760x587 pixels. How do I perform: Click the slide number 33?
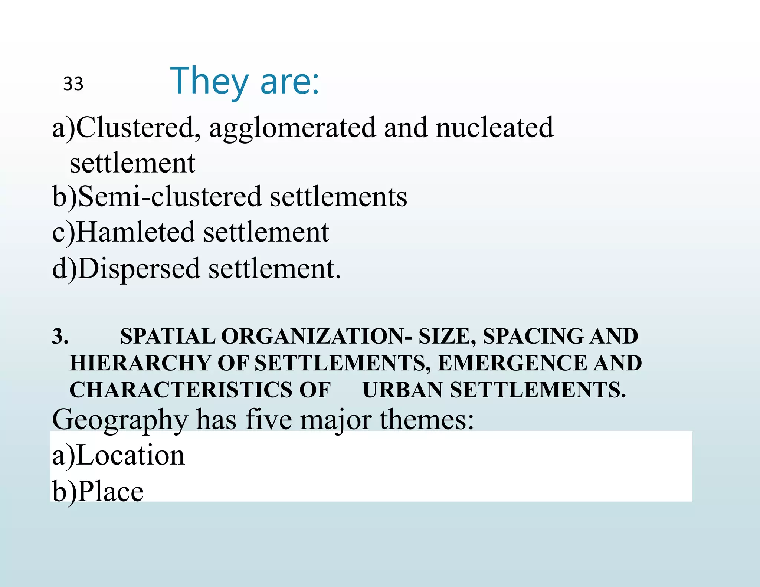[73, 84]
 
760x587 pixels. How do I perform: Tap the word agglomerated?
[292, 128]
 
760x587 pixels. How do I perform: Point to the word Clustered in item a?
[135, 128]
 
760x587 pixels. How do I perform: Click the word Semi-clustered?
[170, 196]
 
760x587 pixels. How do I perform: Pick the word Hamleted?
[135, 232]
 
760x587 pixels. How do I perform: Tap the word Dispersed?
[139, 268]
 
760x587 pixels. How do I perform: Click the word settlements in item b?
[338, 196]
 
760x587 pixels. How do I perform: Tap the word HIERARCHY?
[140, 363]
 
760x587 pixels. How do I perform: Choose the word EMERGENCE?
[512, 363]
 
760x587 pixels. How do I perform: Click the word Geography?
[120, 420]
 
